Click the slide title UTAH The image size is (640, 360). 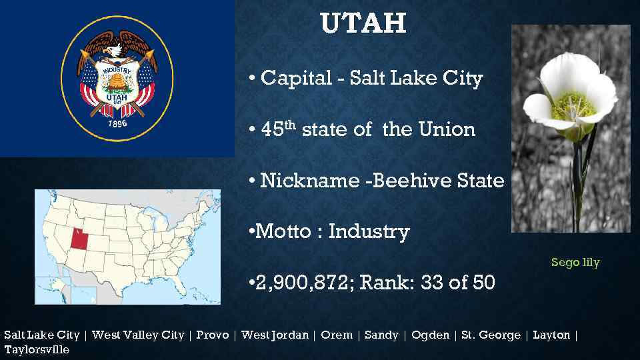363,24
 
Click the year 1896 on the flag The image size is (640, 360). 117,123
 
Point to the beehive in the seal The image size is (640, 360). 117,83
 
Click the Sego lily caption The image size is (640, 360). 575,263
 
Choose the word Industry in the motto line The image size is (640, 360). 369,232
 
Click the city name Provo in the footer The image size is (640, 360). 213,335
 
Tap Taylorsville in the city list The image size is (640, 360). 37,349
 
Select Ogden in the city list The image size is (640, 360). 430,335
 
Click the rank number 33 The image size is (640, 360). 433,283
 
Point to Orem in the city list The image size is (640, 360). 337,335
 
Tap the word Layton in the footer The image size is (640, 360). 551,335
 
